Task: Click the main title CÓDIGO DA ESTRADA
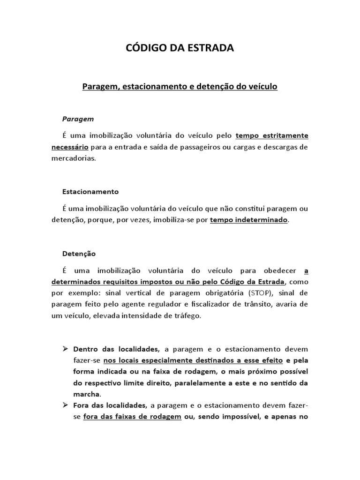pyautogui.click(x=180, y=48)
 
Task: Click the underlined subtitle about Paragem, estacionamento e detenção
pyautogui.click(x=180, y=87)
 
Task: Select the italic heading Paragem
pyautogui.click(x=78, y=120)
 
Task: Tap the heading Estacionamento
pyautogui.click(x=90, y=192)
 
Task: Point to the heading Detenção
pyautogui.click(x=79, y=254)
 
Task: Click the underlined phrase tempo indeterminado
pyautogui.click(x=249, y=220)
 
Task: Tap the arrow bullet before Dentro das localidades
pyautogui.click(x=65, y=349)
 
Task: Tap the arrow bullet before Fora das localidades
pyautogui.click(x=65, y=405)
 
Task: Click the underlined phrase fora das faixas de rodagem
pyautogui.click(x=132, y=417)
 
